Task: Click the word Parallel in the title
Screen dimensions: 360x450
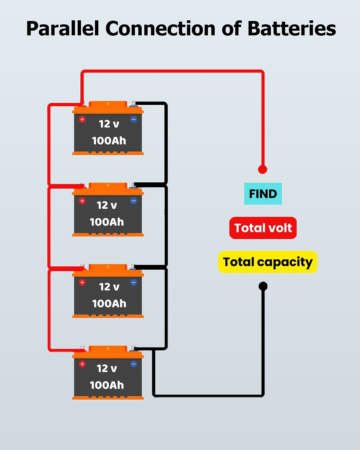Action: point(63,28)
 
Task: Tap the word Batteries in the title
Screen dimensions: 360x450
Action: point(292,28)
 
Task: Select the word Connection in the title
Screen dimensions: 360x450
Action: point(160,28)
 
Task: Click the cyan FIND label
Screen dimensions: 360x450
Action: point(263,194)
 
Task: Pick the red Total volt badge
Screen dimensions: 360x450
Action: point(263,228)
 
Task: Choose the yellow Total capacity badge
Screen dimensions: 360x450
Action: point(268,262)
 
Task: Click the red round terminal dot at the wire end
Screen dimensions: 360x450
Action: point(263,169)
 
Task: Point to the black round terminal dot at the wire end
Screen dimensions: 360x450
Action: point(263,286)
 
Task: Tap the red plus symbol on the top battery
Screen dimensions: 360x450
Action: point(82,119)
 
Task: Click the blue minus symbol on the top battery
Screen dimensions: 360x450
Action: point(134,119)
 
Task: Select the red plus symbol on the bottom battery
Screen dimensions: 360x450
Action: point(82,364)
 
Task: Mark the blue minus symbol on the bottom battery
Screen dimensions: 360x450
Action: point(134,364)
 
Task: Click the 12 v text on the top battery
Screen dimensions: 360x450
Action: point(109,124)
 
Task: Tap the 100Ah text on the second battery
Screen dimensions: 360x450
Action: point(107,222)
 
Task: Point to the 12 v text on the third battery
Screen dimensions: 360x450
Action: point(109,287)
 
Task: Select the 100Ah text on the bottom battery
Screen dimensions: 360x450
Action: point(107,385)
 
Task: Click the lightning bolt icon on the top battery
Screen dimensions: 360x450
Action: point(108,104)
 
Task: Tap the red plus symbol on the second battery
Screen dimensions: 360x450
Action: point(82,201)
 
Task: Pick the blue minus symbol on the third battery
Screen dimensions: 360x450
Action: point(134,282)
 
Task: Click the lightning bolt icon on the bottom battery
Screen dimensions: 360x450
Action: point(108,348)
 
